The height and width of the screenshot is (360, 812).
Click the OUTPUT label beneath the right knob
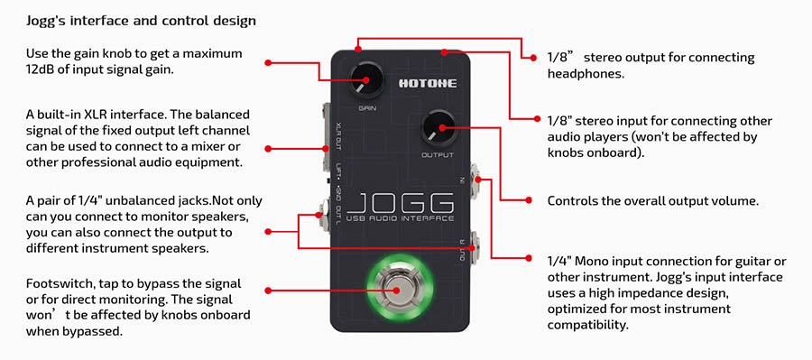click(438, 154)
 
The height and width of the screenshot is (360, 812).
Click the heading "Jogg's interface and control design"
click(140, 20)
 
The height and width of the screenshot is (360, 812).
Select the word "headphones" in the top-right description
click(585, 73)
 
